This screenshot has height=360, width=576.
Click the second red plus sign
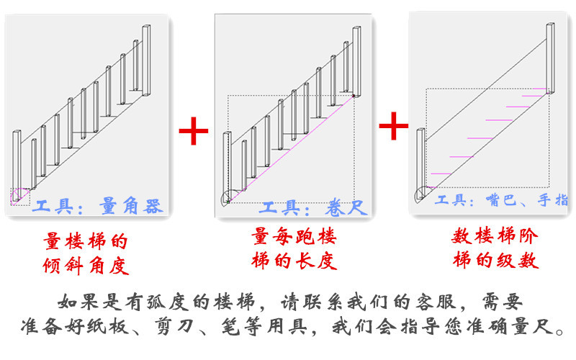[x=393, y=126]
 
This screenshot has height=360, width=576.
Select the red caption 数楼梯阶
[x=495, y=237]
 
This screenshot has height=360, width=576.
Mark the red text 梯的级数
[x=495, y=260]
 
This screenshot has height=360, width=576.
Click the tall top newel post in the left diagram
[x=146, y=60]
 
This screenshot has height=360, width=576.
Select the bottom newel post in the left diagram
[x=17, y=158]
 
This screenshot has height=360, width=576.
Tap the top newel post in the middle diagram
[x=356, y=60]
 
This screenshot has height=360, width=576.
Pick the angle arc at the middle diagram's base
[x=228, y=199]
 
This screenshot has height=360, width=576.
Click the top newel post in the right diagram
[x=551, y=58]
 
